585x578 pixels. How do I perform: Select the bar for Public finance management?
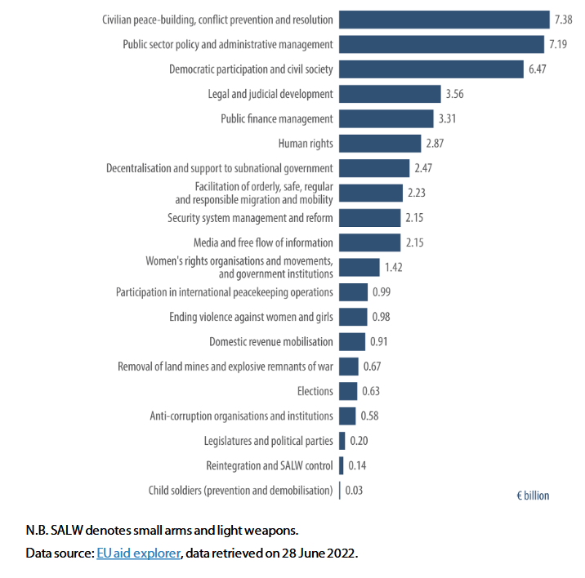386,119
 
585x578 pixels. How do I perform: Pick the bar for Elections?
347,391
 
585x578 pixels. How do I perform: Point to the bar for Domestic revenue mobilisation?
351,341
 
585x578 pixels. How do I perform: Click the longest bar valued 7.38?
444,20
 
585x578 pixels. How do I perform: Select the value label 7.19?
559,44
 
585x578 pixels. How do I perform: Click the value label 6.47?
538,69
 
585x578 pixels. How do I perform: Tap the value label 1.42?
395,268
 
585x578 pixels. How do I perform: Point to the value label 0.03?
354,491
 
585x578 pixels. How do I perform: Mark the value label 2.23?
417,193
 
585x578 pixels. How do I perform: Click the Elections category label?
315,391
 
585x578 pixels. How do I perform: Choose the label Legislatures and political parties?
269,441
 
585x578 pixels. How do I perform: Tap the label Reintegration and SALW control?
270,465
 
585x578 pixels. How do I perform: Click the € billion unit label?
533,496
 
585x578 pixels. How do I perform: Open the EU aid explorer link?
138,553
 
